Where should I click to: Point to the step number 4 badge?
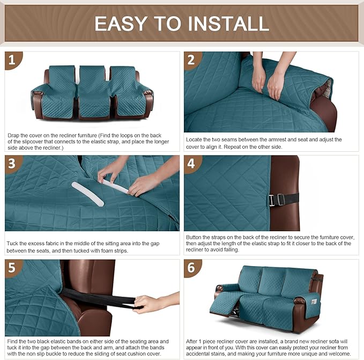(192, 164)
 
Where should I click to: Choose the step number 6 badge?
(192, 268)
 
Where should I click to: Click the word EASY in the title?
(121, 23)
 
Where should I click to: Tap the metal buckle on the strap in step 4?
(272, 200)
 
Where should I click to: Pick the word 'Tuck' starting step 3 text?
(13, 244)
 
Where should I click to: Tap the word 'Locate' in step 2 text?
(195, 139)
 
